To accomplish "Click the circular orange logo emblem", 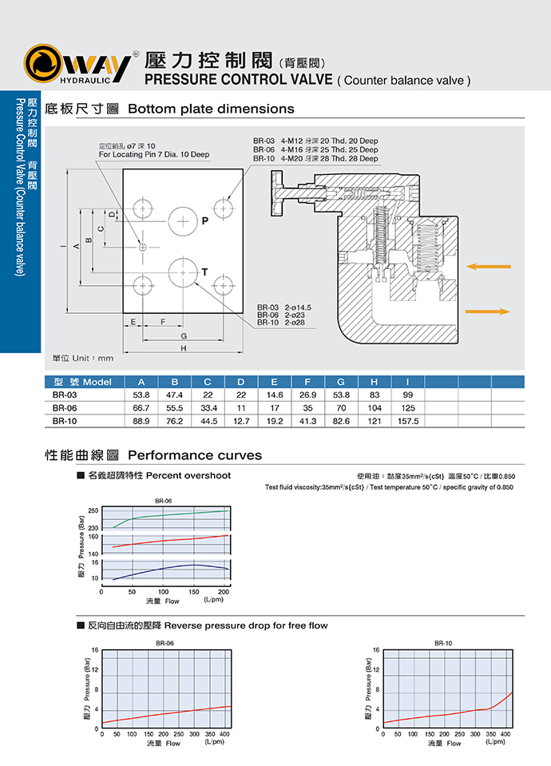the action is point(43,63).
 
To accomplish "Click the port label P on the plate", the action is point(205,220).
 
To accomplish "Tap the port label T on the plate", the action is point(204,272).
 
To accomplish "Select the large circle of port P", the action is point(183,221).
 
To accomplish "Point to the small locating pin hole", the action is point(143,247).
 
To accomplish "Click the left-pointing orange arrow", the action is point(489,266).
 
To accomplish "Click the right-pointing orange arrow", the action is point(487,312).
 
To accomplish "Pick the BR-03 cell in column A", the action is point(141,395).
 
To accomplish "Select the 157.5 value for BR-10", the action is point(408,421).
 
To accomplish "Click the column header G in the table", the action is point(341,382).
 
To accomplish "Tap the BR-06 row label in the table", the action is point(65,408).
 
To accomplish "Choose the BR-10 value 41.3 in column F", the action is point(307,421).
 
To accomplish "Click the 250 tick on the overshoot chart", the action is point(93,510).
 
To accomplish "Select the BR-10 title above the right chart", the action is point(443,643).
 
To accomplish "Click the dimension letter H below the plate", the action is point(183,348).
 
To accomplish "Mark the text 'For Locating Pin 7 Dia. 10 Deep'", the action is point(154,154).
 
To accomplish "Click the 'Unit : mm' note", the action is point(93,358).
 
